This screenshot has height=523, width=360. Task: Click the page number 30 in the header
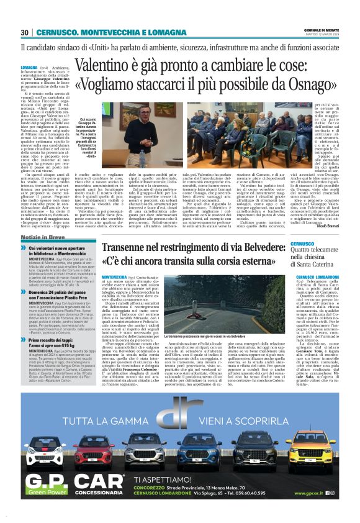[x=25, y=32]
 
